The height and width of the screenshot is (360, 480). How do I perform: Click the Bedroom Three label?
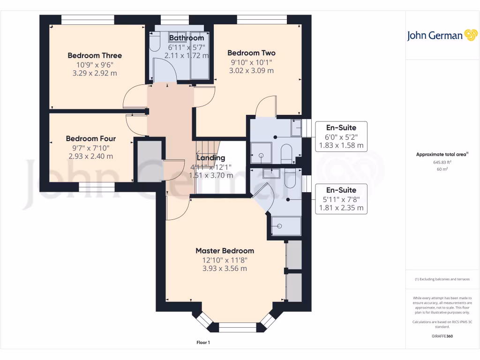click(x=94, y=56)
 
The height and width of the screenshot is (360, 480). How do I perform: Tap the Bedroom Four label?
click(x=90, y=139)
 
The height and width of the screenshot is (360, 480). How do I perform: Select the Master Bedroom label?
click(x=225, y=251)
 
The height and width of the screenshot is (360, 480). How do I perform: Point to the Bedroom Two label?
click(x=251, y=53)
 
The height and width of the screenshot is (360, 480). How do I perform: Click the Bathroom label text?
click(x=186, y=38)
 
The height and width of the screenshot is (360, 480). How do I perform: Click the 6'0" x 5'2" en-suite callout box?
click(x=341, y=136)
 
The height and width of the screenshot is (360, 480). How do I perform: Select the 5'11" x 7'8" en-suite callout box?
click(x=341, y=199)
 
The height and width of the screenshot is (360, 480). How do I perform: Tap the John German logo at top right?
click(x=442, y=36)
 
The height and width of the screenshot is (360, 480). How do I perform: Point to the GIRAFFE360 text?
click(x=442, y=336)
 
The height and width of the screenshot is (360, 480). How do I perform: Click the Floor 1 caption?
click(x=203, y=343)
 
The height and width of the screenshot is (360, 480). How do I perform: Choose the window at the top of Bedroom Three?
click(x=88, y=20)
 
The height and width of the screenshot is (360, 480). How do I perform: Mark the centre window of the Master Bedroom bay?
click(x=238, y=328)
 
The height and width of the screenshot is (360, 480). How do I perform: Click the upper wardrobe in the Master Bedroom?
click(x=294, y=255)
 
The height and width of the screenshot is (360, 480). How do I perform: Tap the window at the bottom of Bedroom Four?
click(x=97, y=187)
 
